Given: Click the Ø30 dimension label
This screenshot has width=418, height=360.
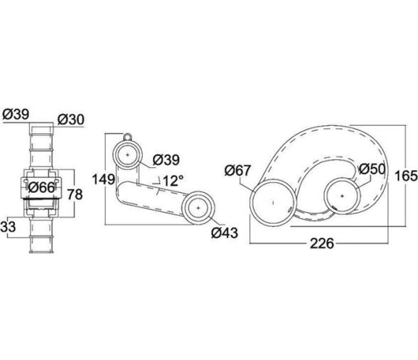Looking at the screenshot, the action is tap(71, 120).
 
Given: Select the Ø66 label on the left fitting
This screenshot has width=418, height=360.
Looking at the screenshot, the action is tap(41, 188).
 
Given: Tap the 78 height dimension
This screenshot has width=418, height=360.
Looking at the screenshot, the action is tap(75, 194).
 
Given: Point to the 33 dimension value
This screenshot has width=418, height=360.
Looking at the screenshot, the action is tap(8, 227).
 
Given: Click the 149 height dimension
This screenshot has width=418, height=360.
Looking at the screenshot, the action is tap(104, 179).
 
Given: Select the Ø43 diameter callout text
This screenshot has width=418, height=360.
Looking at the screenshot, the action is tap(225, 233).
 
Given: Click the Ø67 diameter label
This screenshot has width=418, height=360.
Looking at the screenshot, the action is tap(237, 171).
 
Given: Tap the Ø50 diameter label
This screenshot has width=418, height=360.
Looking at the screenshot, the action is tap(373, 169).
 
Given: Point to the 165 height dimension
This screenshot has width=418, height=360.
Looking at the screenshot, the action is tap(406, 176).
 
